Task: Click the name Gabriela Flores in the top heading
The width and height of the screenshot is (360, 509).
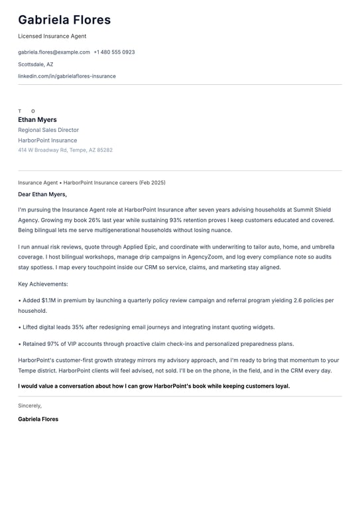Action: (x=64, y=21)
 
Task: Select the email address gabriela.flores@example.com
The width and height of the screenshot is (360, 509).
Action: (x=54, y=52)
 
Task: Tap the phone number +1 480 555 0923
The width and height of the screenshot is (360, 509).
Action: (x=114, y=52)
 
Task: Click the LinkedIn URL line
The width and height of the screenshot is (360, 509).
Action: (x=67, y=76)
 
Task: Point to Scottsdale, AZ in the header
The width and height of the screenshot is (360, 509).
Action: (x=36, y=64)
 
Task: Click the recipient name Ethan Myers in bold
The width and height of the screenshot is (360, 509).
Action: (x=37, y=120)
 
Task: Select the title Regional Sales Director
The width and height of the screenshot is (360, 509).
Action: (x=48, y=130)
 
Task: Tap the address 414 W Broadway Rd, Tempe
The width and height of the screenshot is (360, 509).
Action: (x=65, y=150)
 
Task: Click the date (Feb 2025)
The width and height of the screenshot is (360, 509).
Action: (x=152, y=182)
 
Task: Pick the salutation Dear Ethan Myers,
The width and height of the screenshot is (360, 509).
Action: (x=42, y=195)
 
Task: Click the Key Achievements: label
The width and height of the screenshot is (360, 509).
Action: (x=43, y=284)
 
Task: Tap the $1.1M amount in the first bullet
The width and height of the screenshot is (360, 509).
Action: (x=49, y=300)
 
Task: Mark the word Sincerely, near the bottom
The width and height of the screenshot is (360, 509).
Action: (x=30, y=406)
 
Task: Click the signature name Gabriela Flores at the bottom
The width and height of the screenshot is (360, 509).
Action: (x=38, y=419)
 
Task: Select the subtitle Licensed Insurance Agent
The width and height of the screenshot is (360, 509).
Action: (x=52, y=36)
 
